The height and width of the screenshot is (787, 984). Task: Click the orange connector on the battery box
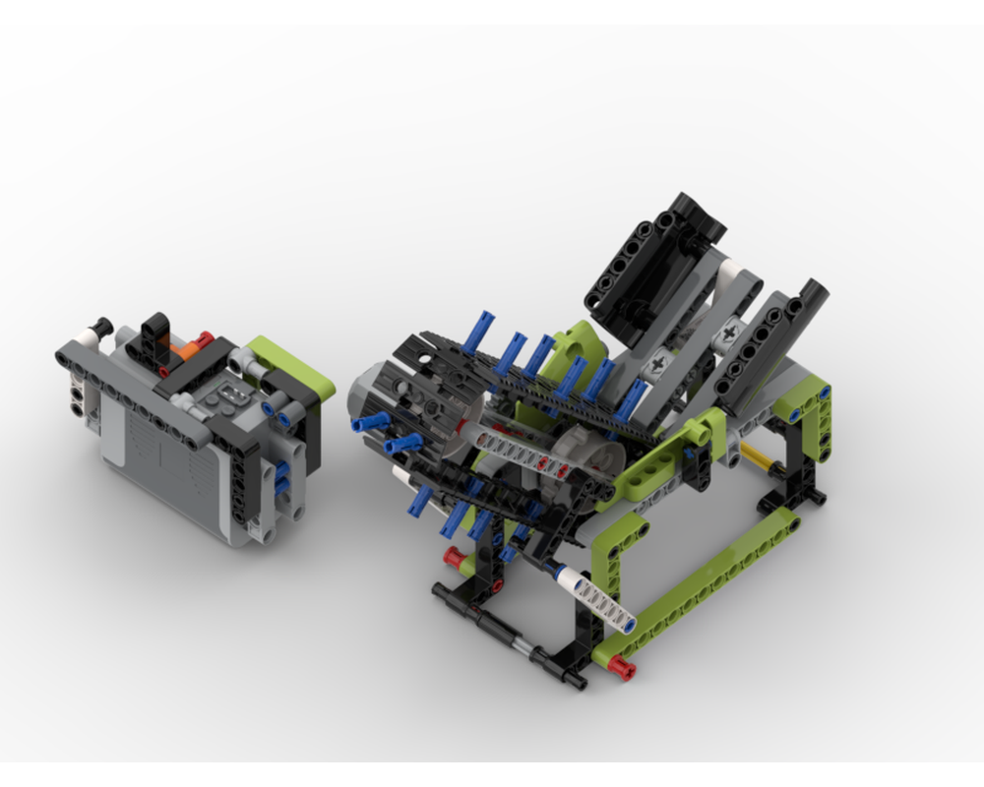click(181, 348)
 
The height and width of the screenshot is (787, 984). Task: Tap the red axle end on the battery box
click(203, 339)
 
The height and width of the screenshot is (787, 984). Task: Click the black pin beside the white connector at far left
click(98, 326)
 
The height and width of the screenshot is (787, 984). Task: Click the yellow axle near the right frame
click(759, 458)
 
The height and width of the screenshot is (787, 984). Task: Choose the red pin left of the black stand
click(454, 558)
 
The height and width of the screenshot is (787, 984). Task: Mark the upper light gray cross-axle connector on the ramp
click(729, 333)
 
